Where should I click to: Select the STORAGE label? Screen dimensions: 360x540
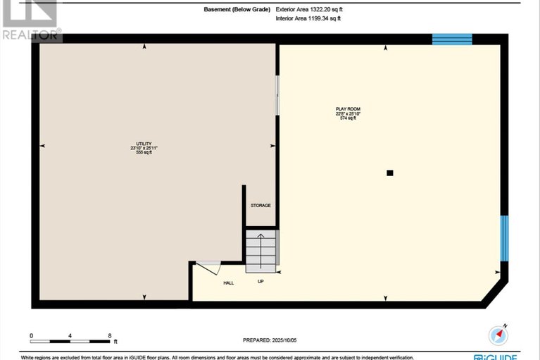tap(260, 205)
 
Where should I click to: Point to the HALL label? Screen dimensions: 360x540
tap(228, 283)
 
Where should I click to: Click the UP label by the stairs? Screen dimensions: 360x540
tap(260, 282)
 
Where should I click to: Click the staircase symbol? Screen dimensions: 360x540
tap(261, 250)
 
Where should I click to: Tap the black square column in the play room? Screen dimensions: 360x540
tap(389, 172)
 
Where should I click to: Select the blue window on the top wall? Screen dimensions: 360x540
tap(451, 38)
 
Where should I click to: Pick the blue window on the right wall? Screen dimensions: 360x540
tap(503, 238)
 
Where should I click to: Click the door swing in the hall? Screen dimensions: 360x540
tap(209, 267)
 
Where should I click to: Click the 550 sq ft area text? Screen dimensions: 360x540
tap(144, 153)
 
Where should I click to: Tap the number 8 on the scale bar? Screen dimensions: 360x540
tap(110, 335)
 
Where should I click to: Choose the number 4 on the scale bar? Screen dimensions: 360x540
tap(70, 335)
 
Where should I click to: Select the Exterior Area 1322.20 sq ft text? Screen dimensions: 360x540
tap(309, 11)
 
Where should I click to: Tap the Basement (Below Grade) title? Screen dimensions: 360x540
tap(237, 11)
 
